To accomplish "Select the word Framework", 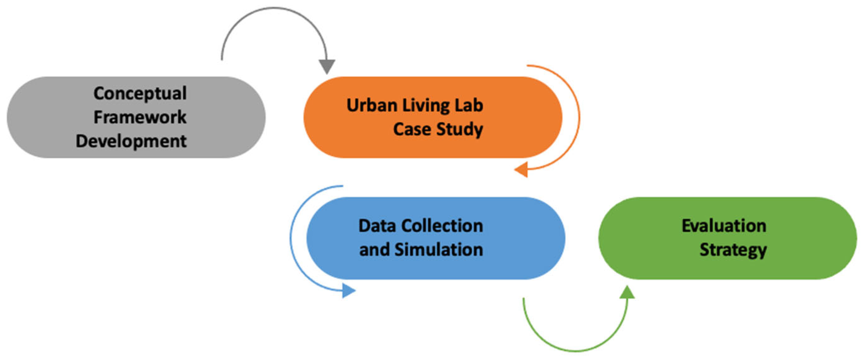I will click(x=140, y=117).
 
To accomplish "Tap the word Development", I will click(x=131, y=141).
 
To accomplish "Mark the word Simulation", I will click(x=438, y=250).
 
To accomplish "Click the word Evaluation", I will click(x=724, y=226).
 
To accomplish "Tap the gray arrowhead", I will click(x=327, y=66).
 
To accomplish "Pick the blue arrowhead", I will click(x=348, y=291).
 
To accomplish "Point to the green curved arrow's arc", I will click(x=575, y=351).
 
